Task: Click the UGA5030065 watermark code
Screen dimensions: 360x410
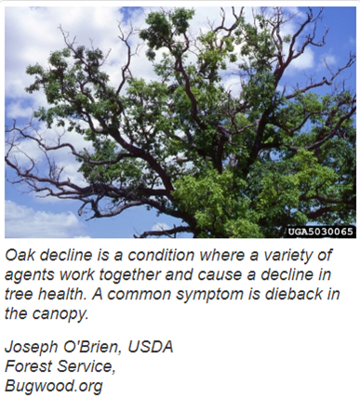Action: pyautogui.click(x=320, y=231)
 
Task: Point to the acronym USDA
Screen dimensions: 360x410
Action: pyautogui.click(x=151, y=347)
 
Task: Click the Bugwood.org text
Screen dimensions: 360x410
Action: pyautogui.click(x=54, y=387)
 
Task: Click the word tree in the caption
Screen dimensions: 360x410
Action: pyautogui.click(x=16, y=295)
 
